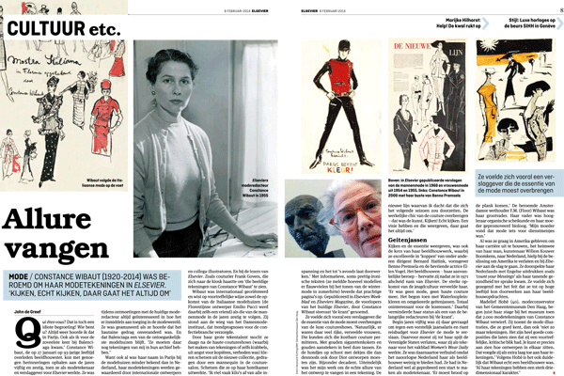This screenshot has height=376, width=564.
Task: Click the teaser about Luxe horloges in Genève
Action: (522, 16)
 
